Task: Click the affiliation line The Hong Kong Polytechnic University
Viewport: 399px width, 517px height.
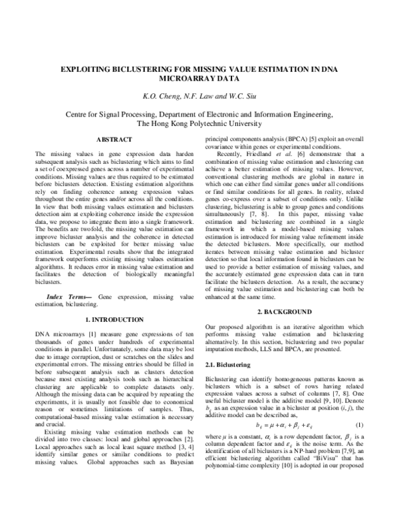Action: click(199, 124)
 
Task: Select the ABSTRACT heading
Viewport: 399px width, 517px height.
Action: click(114, 139)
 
